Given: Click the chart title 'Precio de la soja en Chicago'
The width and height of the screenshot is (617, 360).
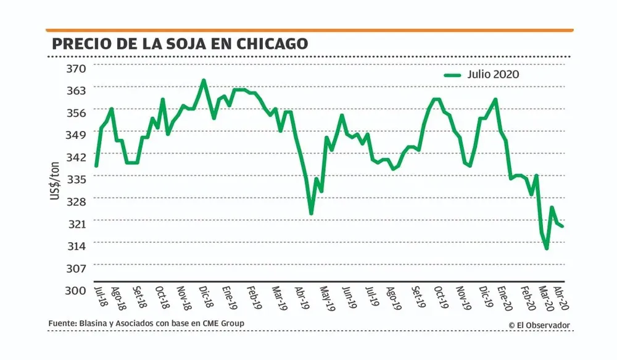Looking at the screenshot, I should (180, 44).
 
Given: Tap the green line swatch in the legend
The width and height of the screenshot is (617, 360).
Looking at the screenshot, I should (452, 75).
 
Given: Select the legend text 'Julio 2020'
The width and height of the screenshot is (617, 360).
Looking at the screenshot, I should (493, 75).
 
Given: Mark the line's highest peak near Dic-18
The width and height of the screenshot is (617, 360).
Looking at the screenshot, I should (204, 80).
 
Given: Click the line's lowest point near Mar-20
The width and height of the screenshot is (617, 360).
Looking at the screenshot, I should (547, 249).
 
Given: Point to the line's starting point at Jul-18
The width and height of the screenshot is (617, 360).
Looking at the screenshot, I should (96, 165).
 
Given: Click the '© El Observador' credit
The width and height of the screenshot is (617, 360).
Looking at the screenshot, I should (539, 325).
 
